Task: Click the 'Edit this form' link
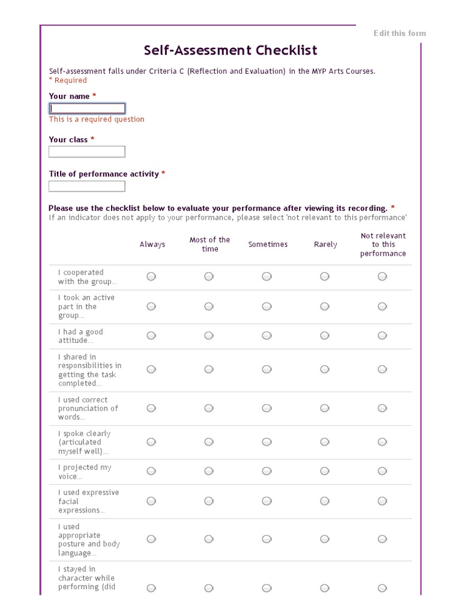400,33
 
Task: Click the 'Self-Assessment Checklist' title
230,50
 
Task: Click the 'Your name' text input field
87,109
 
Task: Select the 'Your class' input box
87,152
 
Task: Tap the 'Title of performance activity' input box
87,186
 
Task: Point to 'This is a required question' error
97,120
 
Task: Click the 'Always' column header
152,244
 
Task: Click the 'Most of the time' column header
209,244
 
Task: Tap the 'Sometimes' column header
268,244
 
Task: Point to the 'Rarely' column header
325,244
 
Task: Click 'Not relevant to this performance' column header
383,244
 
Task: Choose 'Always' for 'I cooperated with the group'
151,276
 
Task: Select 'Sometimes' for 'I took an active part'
267,306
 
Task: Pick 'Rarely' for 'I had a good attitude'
325,336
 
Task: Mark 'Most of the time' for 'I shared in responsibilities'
209,369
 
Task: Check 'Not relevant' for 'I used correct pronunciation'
382,408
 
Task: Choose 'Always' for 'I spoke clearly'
151,442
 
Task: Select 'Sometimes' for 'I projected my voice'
267,471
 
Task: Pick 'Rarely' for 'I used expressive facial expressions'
325,501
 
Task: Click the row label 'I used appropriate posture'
89,540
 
